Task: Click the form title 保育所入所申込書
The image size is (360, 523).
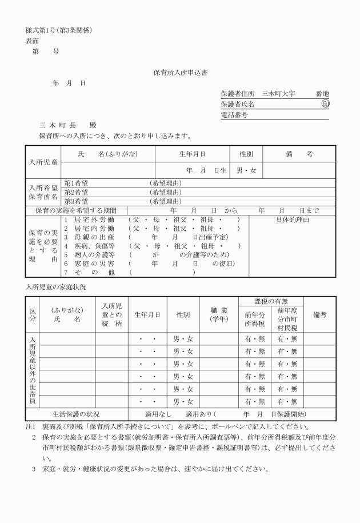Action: (180, 73)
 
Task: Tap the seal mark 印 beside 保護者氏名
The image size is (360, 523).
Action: (325, 105)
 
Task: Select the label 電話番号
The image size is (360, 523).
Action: (234, 115)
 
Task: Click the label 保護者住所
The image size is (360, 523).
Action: (238, 94)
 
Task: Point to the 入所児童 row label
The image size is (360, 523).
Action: (43, 162)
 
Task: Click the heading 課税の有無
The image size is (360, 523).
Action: (271, 301)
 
